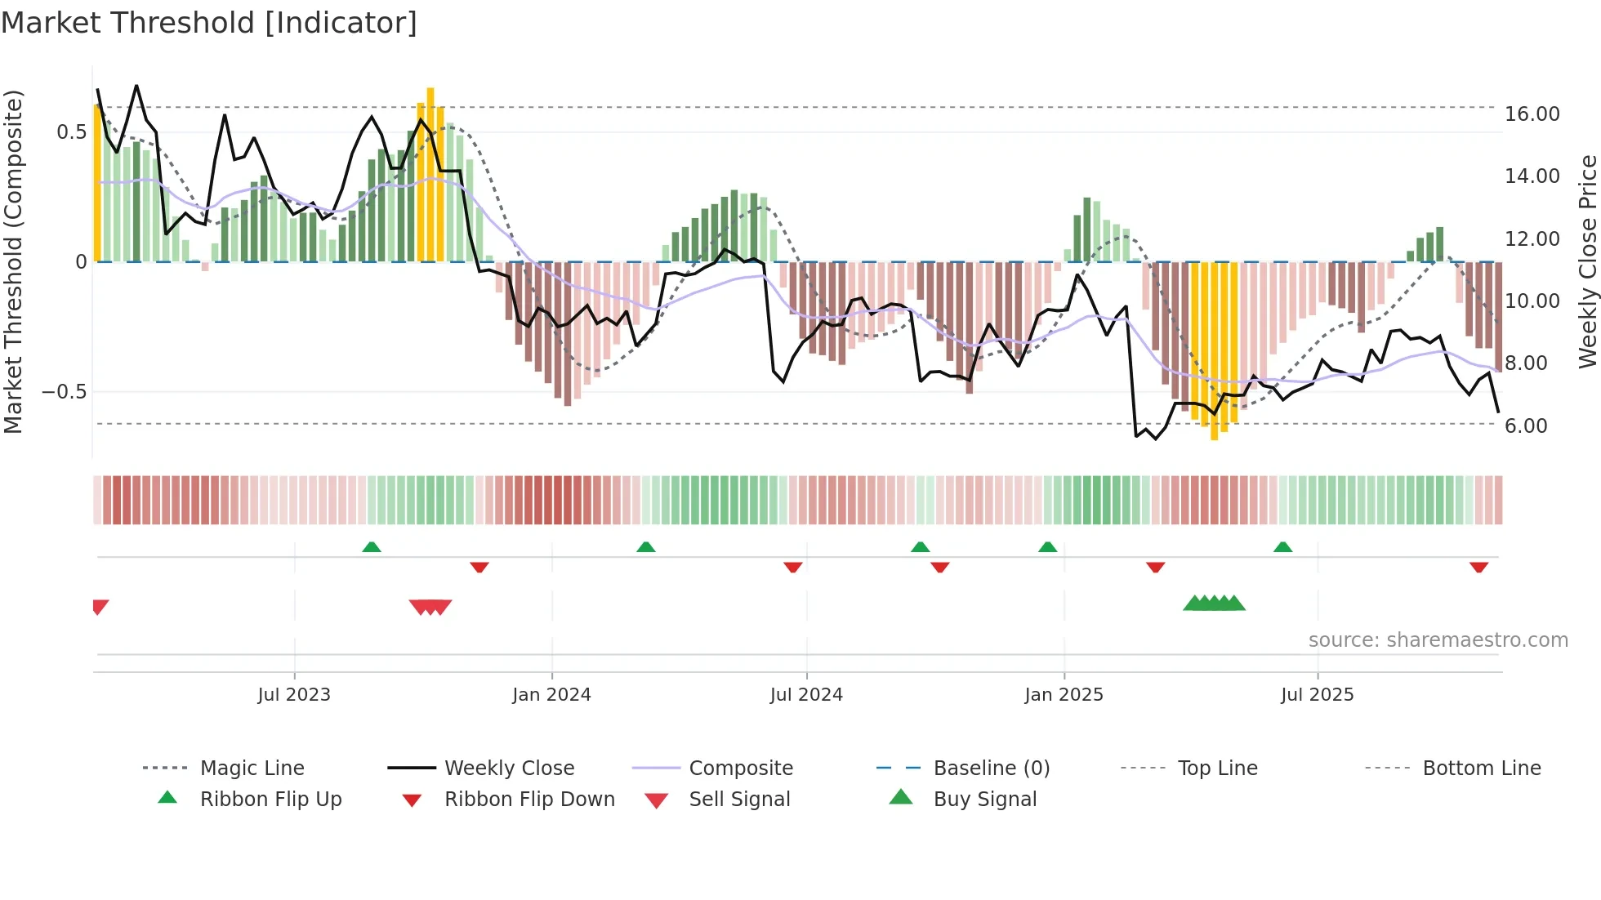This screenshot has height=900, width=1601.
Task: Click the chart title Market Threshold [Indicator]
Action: [209, 23]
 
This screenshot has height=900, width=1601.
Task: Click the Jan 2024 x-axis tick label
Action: [551, 695]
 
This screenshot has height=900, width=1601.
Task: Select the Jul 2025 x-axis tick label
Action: [1317, 695]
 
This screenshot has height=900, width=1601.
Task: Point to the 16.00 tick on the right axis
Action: [1532, 114]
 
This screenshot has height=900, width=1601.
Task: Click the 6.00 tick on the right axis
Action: [1525, 426]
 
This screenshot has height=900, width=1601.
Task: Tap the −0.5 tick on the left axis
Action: [64, 392]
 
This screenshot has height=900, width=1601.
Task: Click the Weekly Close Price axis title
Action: [1587, 261]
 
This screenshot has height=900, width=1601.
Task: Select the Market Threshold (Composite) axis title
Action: [13, 261]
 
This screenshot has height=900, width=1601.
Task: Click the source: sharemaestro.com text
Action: [1438, 640]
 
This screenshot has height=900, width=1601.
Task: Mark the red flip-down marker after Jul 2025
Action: [1478, 567]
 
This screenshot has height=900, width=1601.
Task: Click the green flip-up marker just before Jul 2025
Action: [1282, 547]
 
